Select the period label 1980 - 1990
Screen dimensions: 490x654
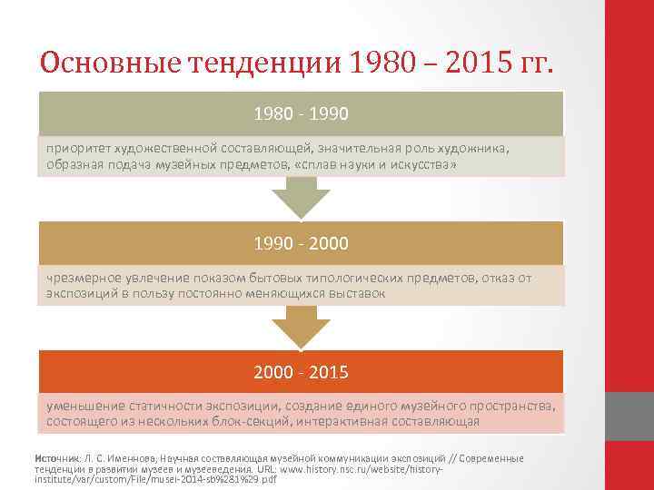[x=302, y=114]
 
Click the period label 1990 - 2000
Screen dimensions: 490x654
[x=302, y=244]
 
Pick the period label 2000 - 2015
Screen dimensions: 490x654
[x=302, y=373]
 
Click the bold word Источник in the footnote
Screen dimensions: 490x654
[x=57, y=458]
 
